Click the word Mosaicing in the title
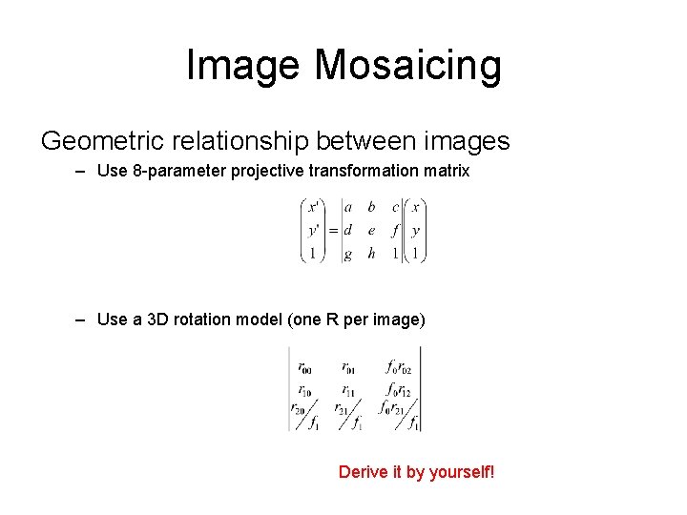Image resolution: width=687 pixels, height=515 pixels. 407,65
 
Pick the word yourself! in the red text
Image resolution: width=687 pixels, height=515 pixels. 461,472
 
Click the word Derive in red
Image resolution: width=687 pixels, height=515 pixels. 363,472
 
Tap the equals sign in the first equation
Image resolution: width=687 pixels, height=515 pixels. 333,230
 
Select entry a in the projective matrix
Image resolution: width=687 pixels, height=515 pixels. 347,206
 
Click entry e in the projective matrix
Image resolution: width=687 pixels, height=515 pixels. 371,230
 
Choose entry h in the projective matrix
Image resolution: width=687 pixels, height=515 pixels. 371,254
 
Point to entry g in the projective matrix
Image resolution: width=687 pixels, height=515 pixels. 347,254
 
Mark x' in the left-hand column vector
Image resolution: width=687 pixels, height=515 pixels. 312,206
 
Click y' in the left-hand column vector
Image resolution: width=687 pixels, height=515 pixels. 313,230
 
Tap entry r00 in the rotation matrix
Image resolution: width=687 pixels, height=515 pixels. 303,366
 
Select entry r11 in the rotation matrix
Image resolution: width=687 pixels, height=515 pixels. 349,390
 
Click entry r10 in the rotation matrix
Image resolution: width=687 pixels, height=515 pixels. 303,390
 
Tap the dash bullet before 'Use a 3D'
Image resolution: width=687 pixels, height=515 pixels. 81,319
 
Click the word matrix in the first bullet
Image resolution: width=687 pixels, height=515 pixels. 446,173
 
